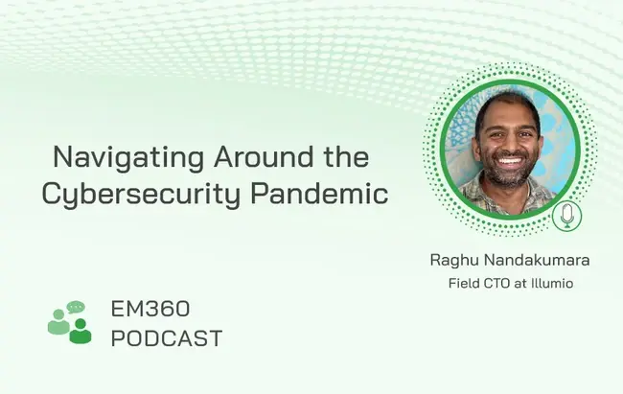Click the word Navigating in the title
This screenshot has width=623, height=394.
pyautogui.click(x=128, y=158)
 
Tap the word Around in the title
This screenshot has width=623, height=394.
pyautogui.click(x=264, y=156)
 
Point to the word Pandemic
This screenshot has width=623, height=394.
pyautogui.click(x=319, y=194)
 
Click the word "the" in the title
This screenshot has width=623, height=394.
pyautogui.click(x=346, y=156)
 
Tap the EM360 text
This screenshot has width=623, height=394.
pyautogui.click(x=150, y=309)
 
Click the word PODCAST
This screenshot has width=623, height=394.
pyautogui.click(x=167, y=338)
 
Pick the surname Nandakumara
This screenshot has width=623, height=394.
pyautogui.click(x=537, y=261)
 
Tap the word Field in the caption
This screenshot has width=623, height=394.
pyautogui.click(x=464, y=284)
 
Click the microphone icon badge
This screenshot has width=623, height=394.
pyautogui.click(x=567, y=216)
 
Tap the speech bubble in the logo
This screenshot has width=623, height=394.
pyautogui.click(x=76, y=307)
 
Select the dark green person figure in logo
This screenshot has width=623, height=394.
pyautogui.click(x=81, y=331)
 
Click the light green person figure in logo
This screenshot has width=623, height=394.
pyautogui.click(x=58, y=322)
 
